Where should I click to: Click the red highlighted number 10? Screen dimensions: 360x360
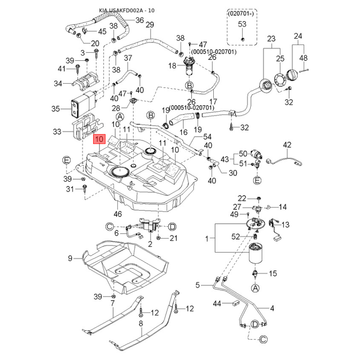(99, 139)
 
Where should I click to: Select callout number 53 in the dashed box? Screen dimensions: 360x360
(242, 24)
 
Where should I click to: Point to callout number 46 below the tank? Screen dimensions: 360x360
(118, 214)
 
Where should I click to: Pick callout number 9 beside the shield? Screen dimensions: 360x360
(70, 258)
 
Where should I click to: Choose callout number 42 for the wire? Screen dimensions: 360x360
(287, 145)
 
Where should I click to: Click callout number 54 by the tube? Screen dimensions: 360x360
(207, 136)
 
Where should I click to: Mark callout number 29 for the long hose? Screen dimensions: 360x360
(150, 24)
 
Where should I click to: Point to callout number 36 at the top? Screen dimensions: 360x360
(139, 20)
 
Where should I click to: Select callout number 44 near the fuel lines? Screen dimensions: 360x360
(217, 304)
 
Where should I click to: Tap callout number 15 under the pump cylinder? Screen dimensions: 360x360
(273, 274)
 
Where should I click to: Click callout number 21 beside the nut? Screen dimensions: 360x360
(174, 238)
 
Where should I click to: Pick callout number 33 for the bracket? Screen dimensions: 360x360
(57, 131)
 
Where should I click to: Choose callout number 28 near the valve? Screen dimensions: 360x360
(116, 108)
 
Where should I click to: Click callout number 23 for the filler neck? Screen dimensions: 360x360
(271, 39)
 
